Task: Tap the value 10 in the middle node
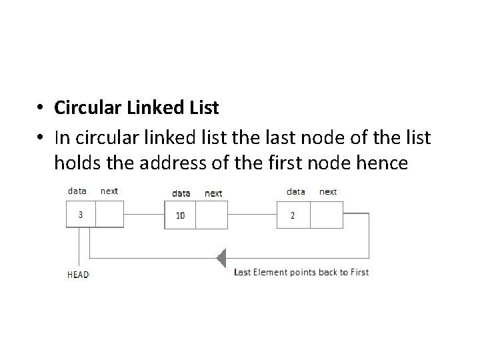[x=180, y=215]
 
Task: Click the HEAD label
[x=78, y=273]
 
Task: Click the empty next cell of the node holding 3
[x=110, y=214]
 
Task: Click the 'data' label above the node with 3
[x=77, y=191]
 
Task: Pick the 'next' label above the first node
[x=109, y=191]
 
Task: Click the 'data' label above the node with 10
[x=181, y=193]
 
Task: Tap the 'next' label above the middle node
[x=213, y=193]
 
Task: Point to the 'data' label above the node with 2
[x=296, y=191]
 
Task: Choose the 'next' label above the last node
[x=328, y=191]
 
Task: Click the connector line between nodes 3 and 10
[x=144, y=215]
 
